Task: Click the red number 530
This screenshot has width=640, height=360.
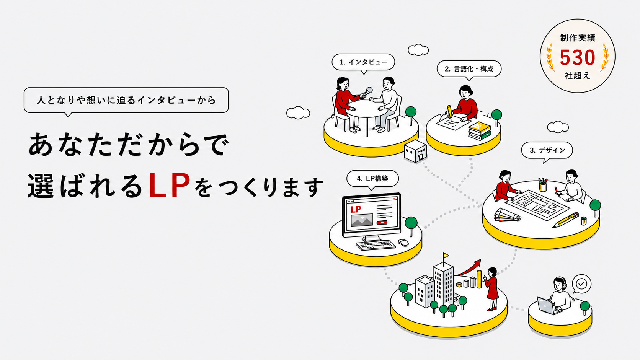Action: pos(577,57)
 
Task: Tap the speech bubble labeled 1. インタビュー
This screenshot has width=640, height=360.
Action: pos(363,62)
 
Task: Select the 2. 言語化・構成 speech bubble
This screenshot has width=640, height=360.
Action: pos(469,69)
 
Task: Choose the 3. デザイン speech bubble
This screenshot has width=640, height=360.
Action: pos(547,150)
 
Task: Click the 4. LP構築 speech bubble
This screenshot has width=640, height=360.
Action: pos(372,179)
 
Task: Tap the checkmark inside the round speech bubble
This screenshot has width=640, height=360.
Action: pos(581,284)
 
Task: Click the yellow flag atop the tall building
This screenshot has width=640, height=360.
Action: pos(446,255)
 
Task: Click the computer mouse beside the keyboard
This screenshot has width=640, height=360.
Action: pos(403,243)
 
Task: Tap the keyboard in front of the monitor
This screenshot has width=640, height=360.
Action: pos(376,245)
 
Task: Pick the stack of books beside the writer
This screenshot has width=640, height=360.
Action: pos(480,131)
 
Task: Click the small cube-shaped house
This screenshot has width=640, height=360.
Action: pos(416,151)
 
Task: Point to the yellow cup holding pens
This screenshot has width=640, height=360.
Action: pos(542,187)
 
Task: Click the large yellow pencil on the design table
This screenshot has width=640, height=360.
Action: pos(566,220)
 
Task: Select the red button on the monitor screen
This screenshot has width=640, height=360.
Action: pos(382,223)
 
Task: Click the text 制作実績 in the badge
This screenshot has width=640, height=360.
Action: pos(578,38)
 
